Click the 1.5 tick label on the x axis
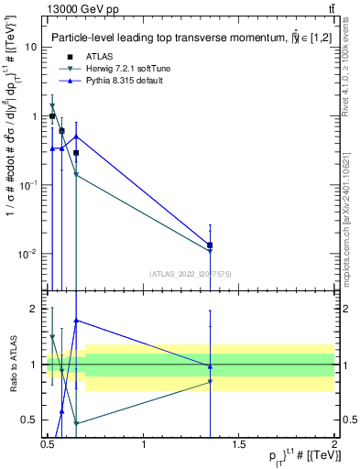coord(240,445)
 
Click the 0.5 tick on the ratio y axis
coord(31,420)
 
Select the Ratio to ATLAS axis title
coord(12,364)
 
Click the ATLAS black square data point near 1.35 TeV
coord(211,245)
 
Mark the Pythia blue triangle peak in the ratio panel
coord(76,321)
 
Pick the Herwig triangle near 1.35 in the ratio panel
coord(211,382)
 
